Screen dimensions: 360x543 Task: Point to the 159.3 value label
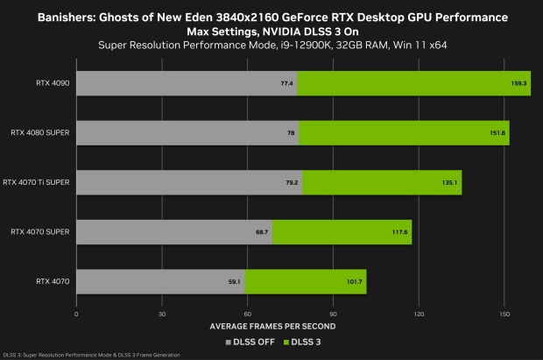(518, 83)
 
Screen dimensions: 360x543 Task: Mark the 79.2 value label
(292, 183)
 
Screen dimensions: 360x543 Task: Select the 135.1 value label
(449, 183)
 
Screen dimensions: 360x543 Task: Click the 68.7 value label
(262, 233)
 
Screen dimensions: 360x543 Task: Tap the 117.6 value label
(399, 233)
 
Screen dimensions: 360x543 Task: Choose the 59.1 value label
(235, 283)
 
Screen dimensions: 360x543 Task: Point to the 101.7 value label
(354, 283)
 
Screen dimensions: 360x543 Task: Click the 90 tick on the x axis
(333, 313)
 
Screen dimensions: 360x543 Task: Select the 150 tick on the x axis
(504, 313)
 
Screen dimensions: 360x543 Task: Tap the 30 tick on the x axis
(162, 313)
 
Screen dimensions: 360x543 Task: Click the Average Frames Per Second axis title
(290, 325)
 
